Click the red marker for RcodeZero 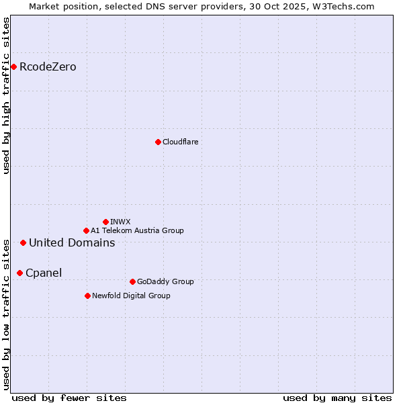13,66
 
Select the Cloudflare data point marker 158,142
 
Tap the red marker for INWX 105,222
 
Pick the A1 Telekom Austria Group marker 86,230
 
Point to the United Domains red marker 23,242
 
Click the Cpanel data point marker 19,273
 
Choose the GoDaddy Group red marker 132,281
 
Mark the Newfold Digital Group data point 87,296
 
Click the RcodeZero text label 48,66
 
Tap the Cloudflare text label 180,142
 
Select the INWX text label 120,222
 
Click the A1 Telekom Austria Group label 137,230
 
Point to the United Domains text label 72,242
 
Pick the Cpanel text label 44,273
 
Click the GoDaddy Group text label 165,281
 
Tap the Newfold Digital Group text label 131,296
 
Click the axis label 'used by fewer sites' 69,398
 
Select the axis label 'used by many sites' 337,398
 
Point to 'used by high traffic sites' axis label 6,95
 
